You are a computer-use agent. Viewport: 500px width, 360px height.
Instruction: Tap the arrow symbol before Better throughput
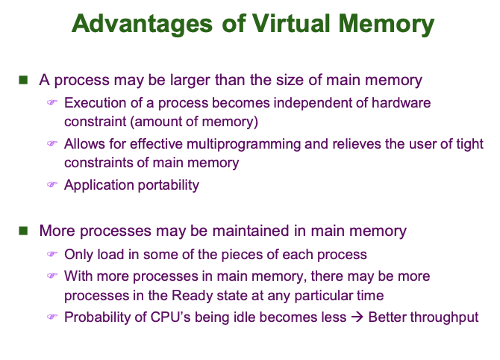tap(357, 317)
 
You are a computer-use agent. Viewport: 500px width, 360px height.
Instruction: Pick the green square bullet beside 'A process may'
tap(23, 80)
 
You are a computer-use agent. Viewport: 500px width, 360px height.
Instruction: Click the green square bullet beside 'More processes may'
tap(23, 231)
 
